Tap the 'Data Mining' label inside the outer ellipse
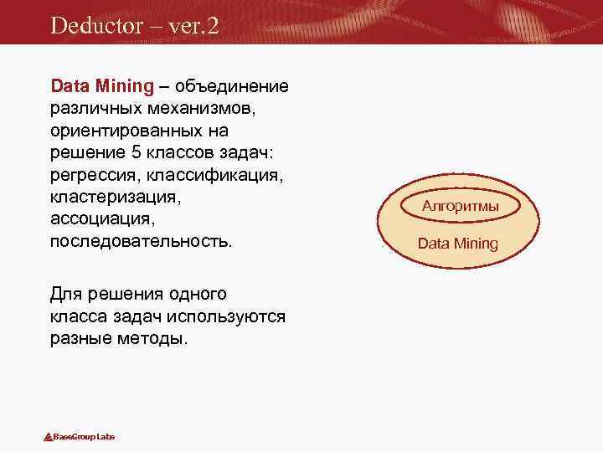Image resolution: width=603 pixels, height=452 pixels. [x=457, y=244]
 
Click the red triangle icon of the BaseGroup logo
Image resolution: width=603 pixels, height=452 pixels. [x=48, y=437]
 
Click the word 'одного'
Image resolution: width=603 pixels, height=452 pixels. [x=196, y=295]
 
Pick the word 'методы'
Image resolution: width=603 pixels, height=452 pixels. [x=157, y=340]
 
